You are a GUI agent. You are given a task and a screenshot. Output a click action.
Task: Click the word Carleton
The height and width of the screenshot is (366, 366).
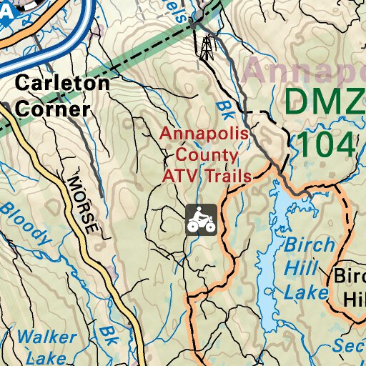(62, 83)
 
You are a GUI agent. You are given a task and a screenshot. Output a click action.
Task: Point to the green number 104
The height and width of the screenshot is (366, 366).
(325, 144)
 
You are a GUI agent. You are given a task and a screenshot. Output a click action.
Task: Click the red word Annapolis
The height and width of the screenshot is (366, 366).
(204, 134)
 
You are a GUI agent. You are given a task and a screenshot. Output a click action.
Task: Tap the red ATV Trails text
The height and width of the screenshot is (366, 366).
(207, 176)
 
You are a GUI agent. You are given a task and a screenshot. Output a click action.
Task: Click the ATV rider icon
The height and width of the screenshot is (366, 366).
(201, 219)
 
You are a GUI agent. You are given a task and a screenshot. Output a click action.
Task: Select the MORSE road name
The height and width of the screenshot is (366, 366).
(80, 203)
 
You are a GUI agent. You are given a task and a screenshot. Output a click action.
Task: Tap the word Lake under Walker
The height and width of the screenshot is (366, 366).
(41, 357)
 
